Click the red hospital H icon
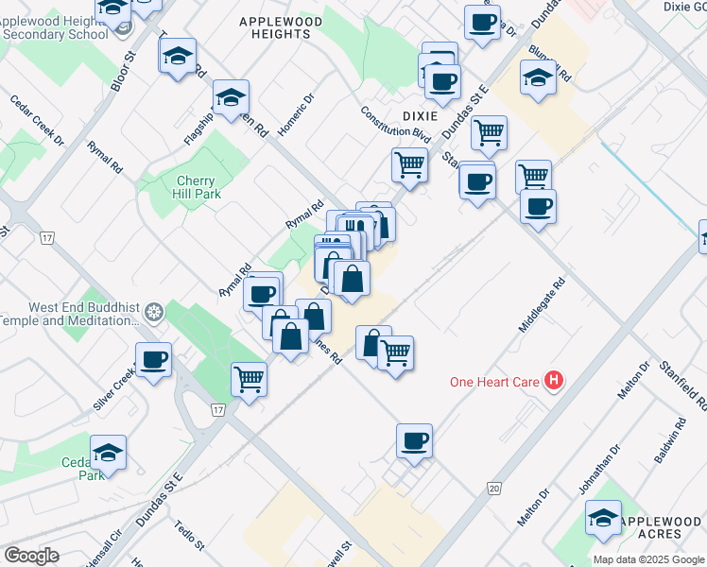[x=556, y=381]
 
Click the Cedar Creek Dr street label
[x=37, y=120]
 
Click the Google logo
[x=31, y=556]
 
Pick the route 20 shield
[x=494, y=488]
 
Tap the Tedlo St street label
[x=190, y=534]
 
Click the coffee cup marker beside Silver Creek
[x=153, y=359]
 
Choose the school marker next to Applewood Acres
[x=603, y=518]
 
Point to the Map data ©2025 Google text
[x=648, y=559]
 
